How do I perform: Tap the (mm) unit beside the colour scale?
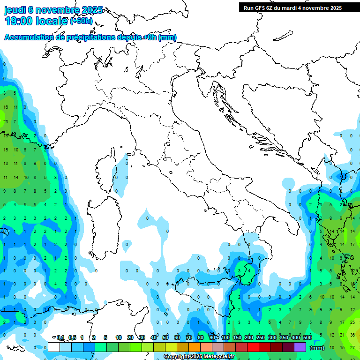tap(317, 348)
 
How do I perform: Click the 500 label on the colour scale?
tap(307, 337)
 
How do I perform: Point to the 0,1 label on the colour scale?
tap(60, 337)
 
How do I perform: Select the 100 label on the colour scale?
tap(225, 337)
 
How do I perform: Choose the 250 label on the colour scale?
tap(261, 337)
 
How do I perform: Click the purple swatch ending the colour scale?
tap(300, 347)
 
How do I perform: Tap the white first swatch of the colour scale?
tap(53, 347)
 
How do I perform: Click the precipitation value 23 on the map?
tap(6, 121)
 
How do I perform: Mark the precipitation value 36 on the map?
tap(352, 335)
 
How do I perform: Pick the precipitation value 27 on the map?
tap(352, 347)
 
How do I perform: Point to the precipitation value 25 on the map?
tap(352, 322)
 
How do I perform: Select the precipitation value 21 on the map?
tap(341, 335)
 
